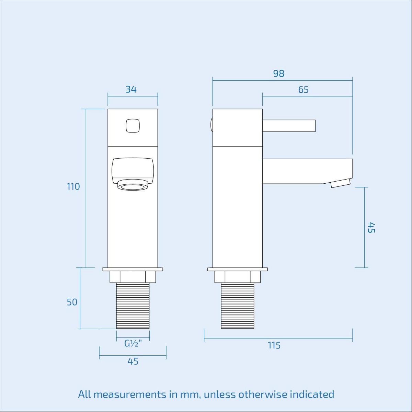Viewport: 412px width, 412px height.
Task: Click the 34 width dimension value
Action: (x=131, y=90)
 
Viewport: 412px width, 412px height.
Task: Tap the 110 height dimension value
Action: (x=73, y=187)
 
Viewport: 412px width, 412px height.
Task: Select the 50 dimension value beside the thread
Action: (x=72, y=302)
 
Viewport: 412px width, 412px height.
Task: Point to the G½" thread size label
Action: (x=133, y=343)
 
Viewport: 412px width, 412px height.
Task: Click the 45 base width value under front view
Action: (x=133, y=362)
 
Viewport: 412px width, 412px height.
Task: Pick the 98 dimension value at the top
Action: (x=279, y=74)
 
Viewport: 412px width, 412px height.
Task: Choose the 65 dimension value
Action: (x=304, y=90)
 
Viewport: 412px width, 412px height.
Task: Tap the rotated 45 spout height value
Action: (x=371, y=228)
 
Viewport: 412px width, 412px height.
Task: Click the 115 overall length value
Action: (x=274, y=345)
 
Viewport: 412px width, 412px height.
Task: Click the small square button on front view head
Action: (x=133, y=126)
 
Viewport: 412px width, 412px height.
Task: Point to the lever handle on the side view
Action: (x=289, y=126)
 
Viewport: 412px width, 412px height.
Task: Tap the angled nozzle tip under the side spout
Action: (x=341, y=183)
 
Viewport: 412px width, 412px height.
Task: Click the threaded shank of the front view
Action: (x=133, y=306)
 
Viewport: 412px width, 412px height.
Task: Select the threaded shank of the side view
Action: (x=238, y=306)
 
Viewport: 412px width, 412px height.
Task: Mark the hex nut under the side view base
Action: (x=238, y=277)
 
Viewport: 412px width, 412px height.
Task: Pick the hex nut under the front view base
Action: (x=133, y=277)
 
